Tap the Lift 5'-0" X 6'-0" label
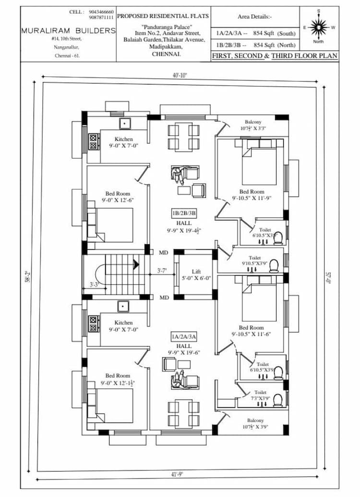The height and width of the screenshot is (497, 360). coord(196,275)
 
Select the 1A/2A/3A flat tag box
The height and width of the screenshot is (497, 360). coord(183,337)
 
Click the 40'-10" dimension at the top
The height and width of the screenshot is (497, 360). coord(180,75)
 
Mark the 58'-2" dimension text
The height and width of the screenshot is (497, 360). coord(29,277)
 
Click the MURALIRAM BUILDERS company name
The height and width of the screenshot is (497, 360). coord(69,30)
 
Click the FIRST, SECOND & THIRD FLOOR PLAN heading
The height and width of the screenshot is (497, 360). coord(275,56)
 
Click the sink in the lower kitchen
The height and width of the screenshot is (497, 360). coord(123,306)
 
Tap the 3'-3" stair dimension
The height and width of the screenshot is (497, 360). coord(95,285)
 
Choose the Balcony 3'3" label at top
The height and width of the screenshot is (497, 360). coord(253,125)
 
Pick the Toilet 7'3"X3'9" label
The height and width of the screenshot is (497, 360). coord(260,395)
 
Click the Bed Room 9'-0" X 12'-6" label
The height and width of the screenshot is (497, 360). coord(118,197)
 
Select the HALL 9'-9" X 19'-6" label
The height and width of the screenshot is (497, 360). coord(183,349)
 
